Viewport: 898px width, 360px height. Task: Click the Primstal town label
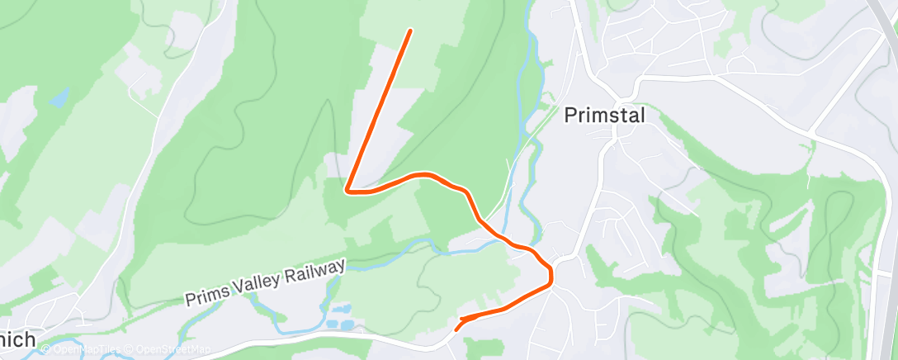604,116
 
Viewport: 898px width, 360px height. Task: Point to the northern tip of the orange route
410,31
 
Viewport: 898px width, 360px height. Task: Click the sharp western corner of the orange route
347,191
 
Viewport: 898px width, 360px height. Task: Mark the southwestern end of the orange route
456,329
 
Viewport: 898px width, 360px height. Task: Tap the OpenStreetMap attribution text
173,350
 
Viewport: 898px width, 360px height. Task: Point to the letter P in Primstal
570,116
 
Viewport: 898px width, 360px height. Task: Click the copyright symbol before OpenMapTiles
45,350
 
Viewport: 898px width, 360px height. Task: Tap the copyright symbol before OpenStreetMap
130,350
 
